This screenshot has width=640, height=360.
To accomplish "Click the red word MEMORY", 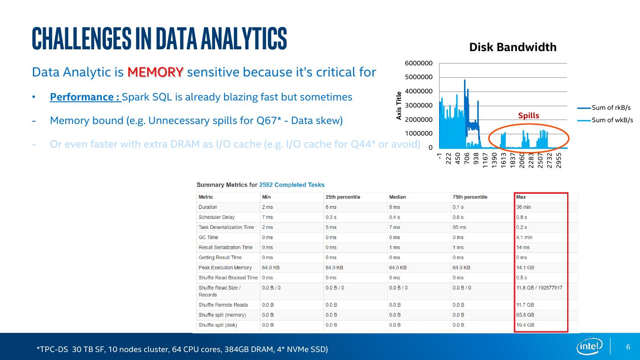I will point(155,72).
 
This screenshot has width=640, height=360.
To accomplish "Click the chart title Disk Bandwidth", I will point(512,48).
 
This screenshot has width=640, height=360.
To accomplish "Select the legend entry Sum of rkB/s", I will point(611,108).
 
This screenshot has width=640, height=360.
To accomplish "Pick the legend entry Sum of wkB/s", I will point(612,120).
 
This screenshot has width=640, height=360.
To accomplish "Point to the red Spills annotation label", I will point(528,116).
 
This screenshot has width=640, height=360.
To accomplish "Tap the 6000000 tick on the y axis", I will point(419,64).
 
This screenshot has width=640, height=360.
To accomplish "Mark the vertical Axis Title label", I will point(399,105).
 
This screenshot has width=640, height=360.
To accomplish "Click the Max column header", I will point(521,197).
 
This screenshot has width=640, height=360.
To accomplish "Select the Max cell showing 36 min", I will point(524,207).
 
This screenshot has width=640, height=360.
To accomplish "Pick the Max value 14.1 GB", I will point(525,268).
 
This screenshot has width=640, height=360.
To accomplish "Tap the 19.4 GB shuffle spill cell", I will point(525,325).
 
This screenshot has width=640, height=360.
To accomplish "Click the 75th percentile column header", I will point(470,197).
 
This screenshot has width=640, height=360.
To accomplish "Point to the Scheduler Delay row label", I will point(216,217).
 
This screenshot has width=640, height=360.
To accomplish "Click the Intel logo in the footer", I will point(590,346).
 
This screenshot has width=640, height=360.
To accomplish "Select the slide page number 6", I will point(628,347).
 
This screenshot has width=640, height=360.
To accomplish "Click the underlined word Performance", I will point(84,97).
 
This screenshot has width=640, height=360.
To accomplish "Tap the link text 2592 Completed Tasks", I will point(292,185).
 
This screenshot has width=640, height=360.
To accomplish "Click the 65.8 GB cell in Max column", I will point(525,315).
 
